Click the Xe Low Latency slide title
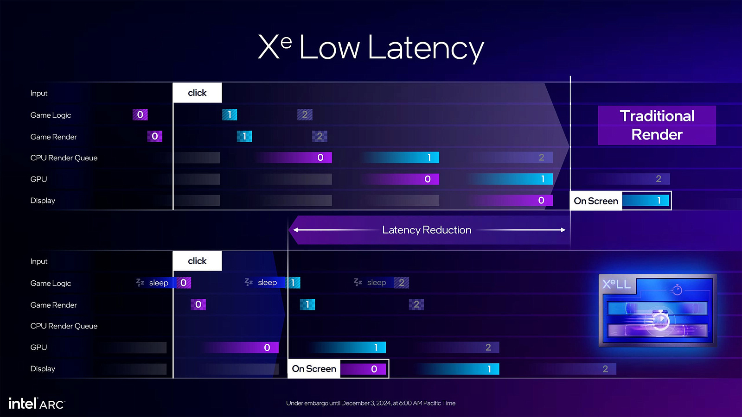(x=371, y=48)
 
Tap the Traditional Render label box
(x=657, y=126)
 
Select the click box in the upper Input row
(x=197, y=93)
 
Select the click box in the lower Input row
(x=197, y=261)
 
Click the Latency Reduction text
(x=427, y=230)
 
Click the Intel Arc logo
(x=37, y=404)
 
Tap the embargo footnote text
(x=371, y=403)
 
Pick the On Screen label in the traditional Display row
(x=596, y=201)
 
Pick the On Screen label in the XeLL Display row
(x=313, y=369)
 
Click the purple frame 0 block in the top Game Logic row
(x=140, y=114)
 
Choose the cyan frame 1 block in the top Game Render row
(x=244, y=136)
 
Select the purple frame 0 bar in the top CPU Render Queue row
(x=294, y=158)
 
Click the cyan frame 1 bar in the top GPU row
(x=510, y=179)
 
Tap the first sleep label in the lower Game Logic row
(x=159, y=283)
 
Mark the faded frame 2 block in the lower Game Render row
(x=416, y=304)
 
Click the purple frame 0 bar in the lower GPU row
(x=240, y=347)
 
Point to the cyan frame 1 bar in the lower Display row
(x=457, y=369)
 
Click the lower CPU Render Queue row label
(x=64, y=326)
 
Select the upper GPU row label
(x=39, y=179)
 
